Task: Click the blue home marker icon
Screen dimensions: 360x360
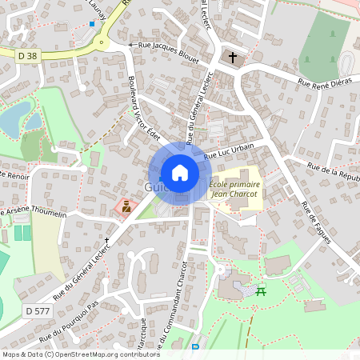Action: [180, 172]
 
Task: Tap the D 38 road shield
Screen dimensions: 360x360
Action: [27, 54]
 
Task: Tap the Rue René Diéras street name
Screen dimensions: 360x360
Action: [325, 82]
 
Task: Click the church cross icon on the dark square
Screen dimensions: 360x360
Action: [234, 58]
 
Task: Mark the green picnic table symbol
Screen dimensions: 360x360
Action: [261, 290]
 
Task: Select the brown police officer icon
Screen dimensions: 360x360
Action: [125, 206]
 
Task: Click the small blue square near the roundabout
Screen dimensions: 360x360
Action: [93, 24]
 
